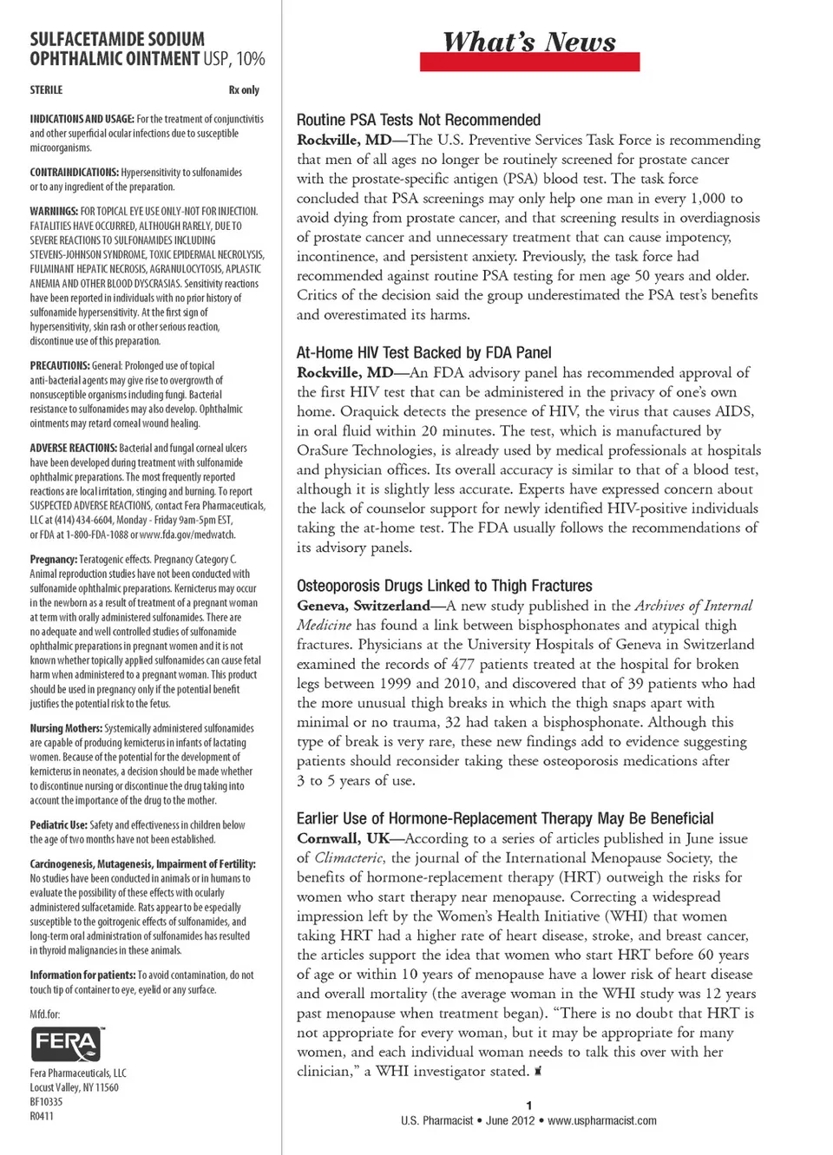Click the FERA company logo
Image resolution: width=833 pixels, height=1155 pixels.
click(x=67, y=1044)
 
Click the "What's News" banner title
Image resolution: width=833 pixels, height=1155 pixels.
click(x=529, y=43)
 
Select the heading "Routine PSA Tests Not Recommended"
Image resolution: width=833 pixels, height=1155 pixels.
click(x=418, y=120)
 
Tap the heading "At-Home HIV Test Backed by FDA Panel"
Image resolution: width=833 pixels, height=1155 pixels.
click(x=423, y=352)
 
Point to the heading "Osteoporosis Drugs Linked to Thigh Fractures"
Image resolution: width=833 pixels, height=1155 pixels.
click(x=444, y=586)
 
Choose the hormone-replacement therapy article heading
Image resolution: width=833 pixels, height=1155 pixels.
click(x=505, y=818)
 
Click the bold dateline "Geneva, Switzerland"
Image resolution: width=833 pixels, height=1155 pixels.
click(x=364, y=606)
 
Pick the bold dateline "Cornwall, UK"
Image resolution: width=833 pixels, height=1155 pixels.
click(x=344, y=838)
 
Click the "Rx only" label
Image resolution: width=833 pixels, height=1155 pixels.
click(x=244, y=89)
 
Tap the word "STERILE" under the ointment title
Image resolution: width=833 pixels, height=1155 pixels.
click(x=46, y=89)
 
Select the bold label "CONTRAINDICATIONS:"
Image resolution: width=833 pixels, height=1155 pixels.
click(x=74, y=173)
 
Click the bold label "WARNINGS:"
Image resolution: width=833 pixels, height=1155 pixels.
click(x=54, y=211)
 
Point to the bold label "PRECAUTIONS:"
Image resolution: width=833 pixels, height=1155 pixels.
click(x=60, y=366)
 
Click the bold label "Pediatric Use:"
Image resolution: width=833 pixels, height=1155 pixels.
click(x=58, y=825)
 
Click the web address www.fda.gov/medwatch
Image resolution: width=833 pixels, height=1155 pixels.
click(x=187, y=535)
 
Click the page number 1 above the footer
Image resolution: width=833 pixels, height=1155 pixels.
click(x=528, y=1106)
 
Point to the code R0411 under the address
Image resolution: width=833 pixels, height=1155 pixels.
click(x=42, y=1116)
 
